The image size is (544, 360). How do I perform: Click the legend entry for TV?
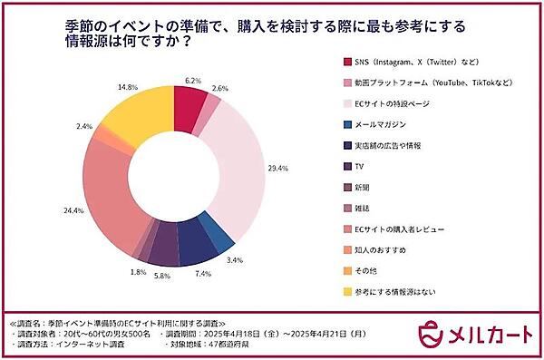pyautogui.click(x=361, y=166)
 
